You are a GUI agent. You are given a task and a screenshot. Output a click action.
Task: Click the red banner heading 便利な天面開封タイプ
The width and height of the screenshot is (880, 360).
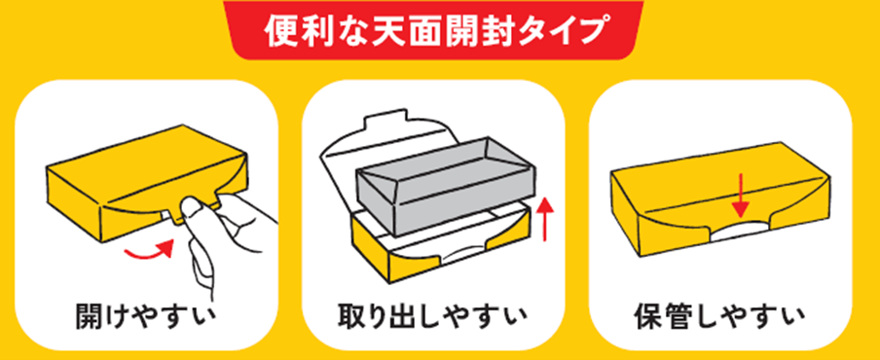tap(434, 32)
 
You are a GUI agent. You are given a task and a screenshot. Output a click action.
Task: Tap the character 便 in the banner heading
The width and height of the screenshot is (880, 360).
tap(283, 32)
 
